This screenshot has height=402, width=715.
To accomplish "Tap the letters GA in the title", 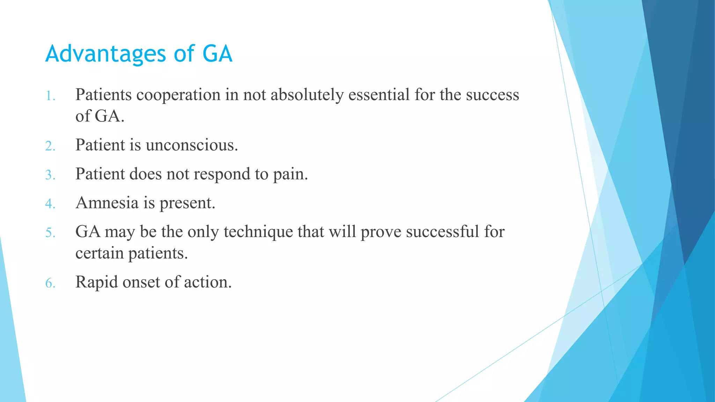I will pos(217,54).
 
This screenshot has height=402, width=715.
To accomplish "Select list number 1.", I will pos(50,96).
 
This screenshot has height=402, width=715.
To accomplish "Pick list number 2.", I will pos(50,146).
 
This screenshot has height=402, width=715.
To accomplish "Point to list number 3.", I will pos(50,175).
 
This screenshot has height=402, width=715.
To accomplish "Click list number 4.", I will pos(50,204).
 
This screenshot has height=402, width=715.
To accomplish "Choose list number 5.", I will pos(50,233).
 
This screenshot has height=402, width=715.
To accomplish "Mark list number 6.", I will pos(50,283).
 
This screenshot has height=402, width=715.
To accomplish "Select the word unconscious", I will pos(192,145).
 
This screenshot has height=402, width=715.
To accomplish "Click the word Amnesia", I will pos(107,203).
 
